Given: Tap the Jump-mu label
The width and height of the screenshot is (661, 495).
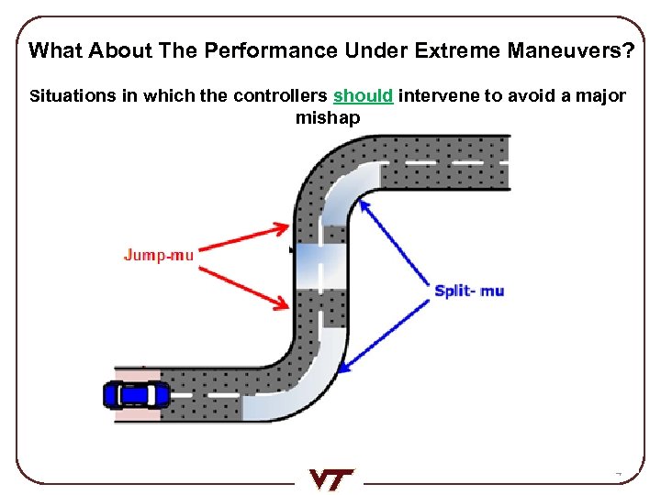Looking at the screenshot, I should pyautogui.click(x=158, y=255).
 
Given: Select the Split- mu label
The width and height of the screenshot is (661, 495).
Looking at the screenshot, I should pyautogui.click(x=469, y=291).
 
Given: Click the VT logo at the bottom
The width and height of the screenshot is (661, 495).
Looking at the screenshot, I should pyautogui.click(x=330, y=478).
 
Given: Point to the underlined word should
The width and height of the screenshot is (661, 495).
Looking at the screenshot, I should pyautogui.click(x=364, y=96).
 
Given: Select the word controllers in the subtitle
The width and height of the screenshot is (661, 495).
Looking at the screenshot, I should pyautogui.click(x=281, y=96).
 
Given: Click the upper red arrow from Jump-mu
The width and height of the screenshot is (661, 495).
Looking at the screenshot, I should pyautogui.click(x=243, y=236).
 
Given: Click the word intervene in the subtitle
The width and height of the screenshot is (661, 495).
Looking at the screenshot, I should pyautogui.click(x=436, y=96).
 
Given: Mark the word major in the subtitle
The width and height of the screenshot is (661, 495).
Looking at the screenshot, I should pyautogui.click(x=602, y=96).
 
